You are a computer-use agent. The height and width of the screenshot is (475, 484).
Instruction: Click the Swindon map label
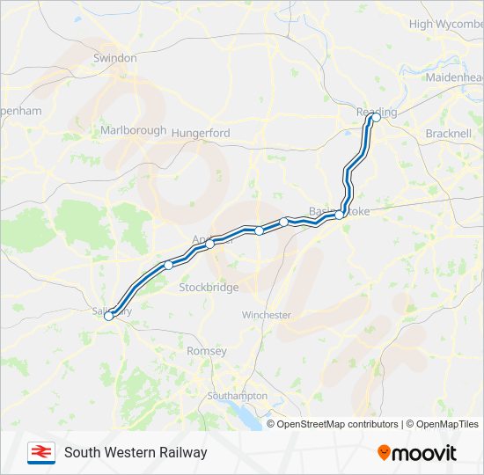click(115, 58)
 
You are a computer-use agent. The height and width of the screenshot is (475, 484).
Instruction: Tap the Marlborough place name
click(133, 130)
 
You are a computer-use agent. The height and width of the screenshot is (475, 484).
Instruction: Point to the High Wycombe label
click(445, 24)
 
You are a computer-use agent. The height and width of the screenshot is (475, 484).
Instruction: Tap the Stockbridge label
click(209, 288)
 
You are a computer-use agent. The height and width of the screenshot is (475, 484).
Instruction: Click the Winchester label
click(266, 315)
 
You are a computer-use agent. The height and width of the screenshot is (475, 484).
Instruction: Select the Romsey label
click(207, 351)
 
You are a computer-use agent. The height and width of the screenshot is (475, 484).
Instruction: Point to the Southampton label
click(237, 396)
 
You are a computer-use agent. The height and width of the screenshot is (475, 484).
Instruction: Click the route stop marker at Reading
click(376, 117)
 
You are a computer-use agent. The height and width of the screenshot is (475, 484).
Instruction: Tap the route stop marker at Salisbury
click(109, 317)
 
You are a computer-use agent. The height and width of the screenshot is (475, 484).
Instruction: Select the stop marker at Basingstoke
click(339, 215)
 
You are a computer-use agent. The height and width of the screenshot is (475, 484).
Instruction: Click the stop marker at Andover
click(210, 245)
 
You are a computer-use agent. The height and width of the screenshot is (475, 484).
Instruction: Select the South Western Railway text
click(136, 453)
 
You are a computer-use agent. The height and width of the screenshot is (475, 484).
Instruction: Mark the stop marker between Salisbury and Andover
click(168, 265)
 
